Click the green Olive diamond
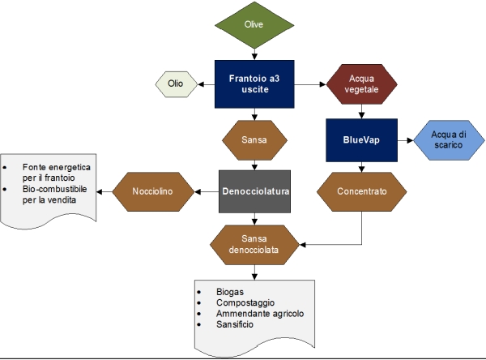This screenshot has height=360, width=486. pos(254,25)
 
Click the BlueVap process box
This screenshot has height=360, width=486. pos(360,139)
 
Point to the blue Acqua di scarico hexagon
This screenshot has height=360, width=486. pos(448,139)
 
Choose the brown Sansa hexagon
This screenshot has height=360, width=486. pos(255,139)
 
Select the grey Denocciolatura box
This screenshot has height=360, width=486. pos(255,191)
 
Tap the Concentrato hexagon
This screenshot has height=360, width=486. pos(360,191)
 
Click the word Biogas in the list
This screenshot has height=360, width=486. pos(231,290)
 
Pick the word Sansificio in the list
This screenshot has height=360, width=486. pos(235,324)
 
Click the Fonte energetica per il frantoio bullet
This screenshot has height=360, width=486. pos(57,171)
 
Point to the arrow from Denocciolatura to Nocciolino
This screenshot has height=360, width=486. pos(207,191)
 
